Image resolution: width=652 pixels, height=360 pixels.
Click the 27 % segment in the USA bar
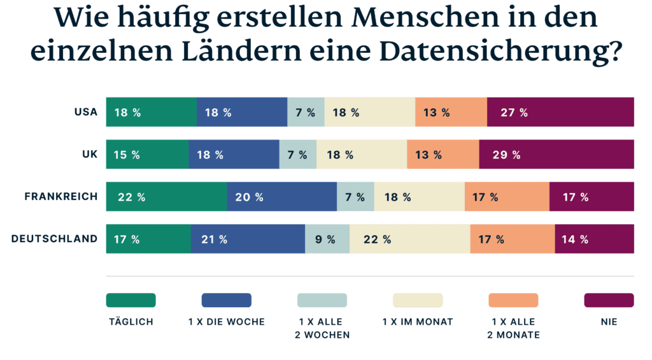pos(560,113)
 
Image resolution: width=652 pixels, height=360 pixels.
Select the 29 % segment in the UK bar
pos(556,155)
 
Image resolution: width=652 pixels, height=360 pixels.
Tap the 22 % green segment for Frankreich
pos(166,197)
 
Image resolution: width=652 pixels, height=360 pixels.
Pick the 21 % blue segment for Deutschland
pos(247,240)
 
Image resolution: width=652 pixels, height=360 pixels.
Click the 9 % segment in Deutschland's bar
pos(327,240)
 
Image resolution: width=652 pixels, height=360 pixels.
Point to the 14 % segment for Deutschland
pos(594,240)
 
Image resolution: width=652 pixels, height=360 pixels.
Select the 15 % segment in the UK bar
pos(146,155)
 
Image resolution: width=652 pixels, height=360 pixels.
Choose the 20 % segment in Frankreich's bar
pos(281,197)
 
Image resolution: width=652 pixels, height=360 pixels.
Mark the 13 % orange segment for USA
pos(451,113)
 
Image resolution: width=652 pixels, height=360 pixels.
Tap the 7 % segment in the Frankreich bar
pos(355,197)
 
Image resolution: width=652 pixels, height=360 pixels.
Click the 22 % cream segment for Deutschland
pos(409,240)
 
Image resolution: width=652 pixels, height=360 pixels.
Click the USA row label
pos(85,112)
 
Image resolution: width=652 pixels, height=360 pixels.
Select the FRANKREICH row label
pos(61,197)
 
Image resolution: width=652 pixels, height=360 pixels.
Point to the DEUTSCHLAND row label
pos(55,239)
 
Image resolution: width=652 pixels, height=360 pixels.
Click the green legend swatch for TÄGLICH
pos(131,300)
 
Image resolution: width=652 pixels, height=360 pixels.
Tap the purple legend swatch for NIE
pos(609,300)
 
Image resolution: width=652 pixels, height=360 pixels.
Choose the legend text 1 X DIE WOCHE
pos(226,322)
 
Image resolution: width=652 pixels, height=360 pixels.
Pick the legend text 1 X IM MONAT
pos(417,322)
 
